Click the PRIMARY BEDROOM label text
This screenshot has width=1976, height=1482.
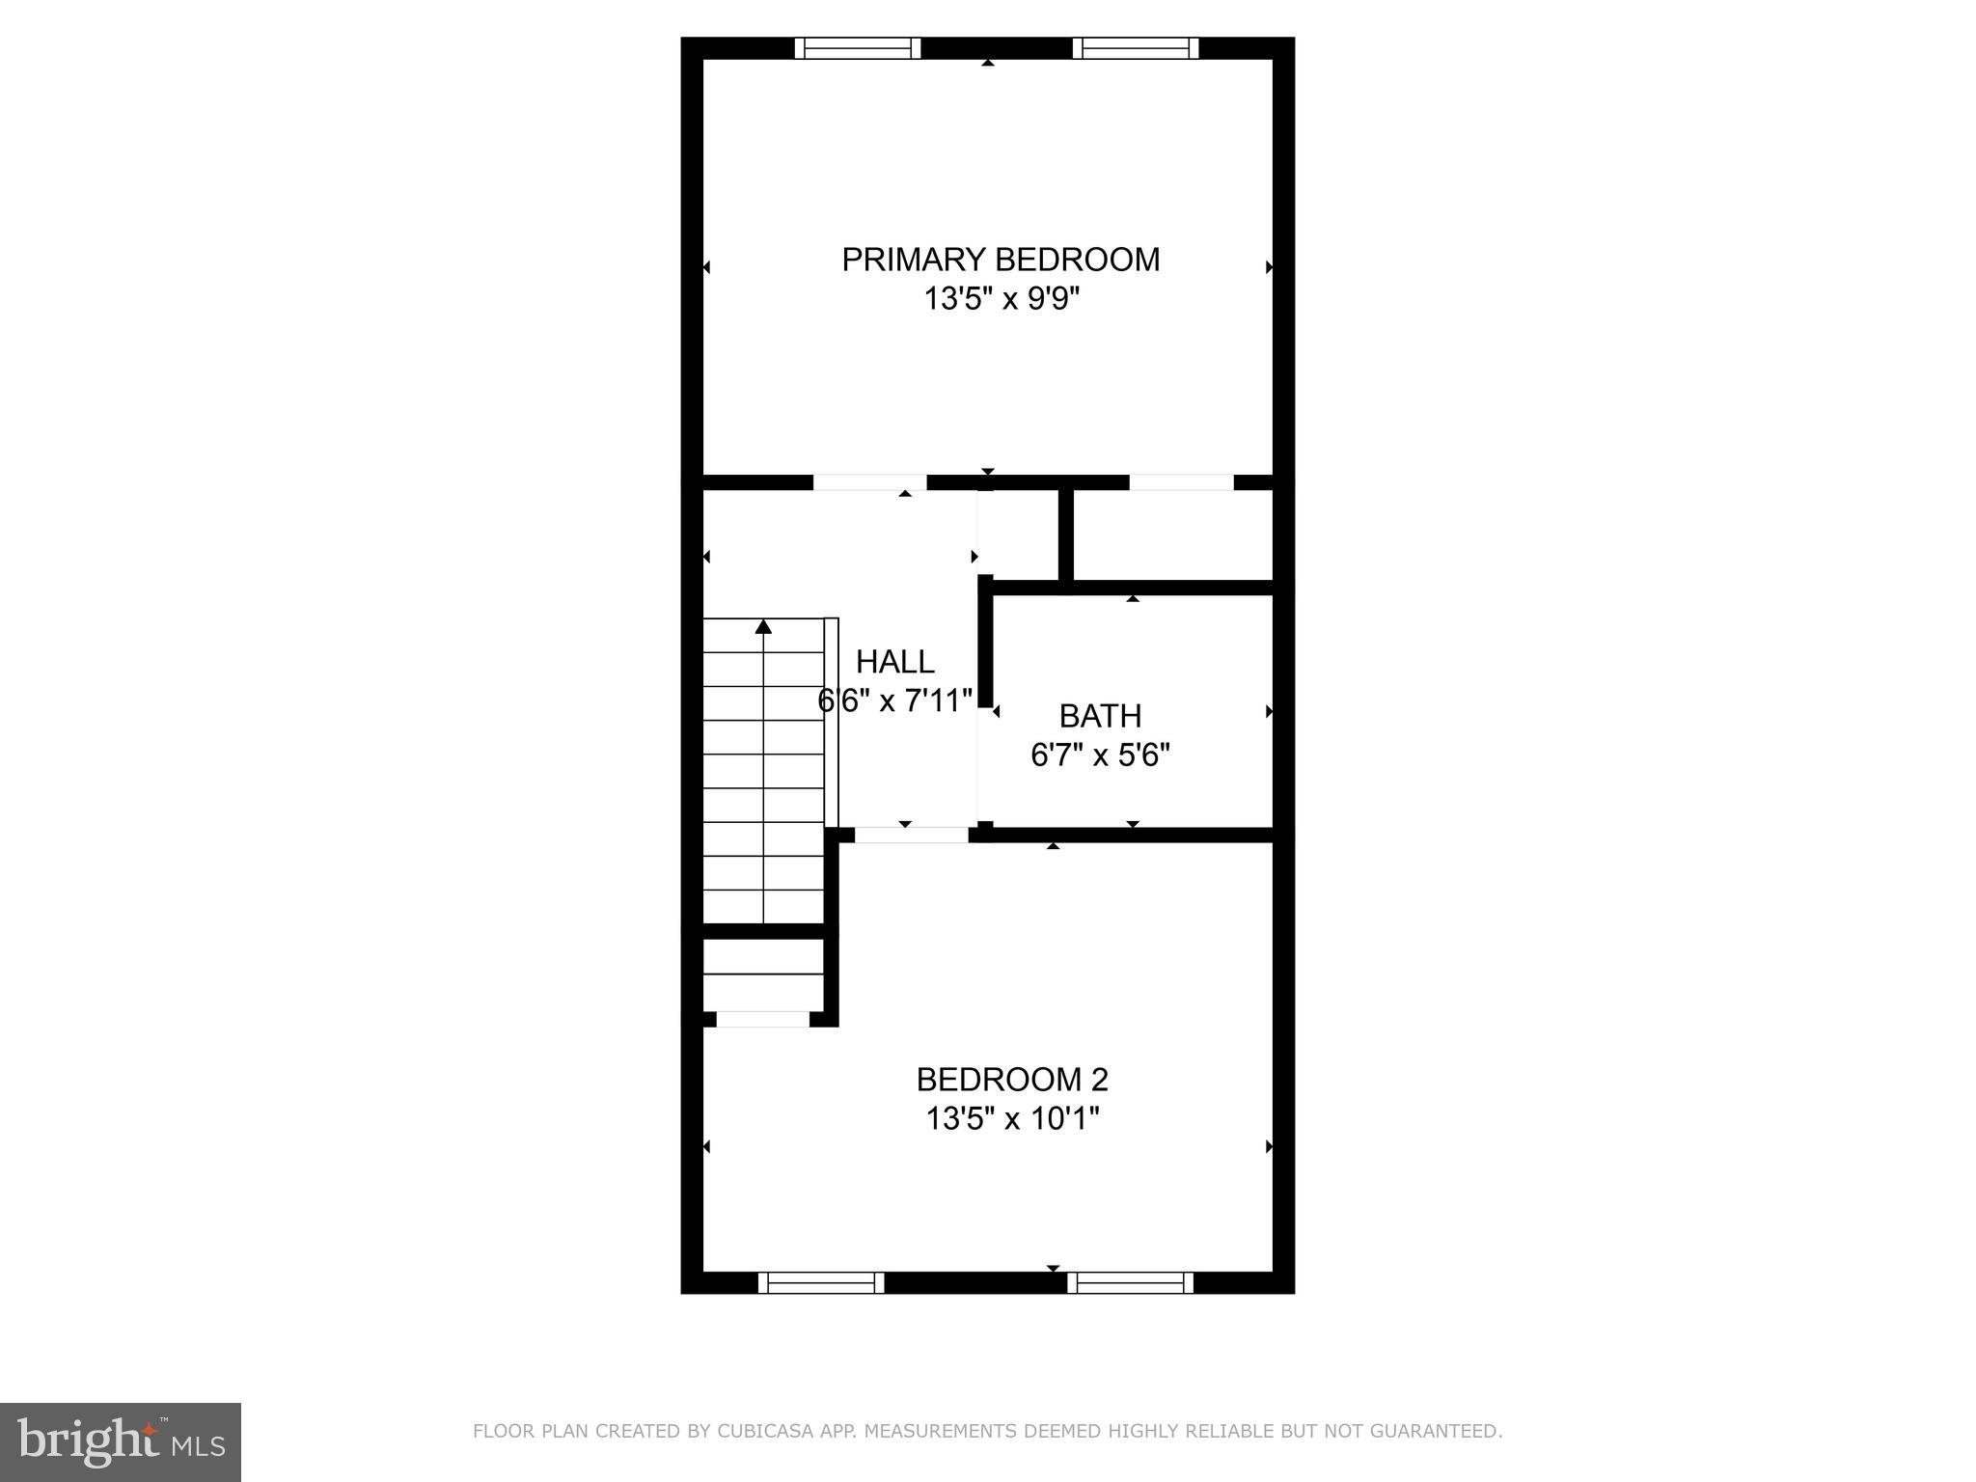tap(1001, 260)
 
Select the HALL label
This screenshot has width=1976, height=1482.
tap(895, 662)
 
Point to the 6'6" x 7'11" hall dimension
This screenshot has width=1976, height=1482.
tap(895, 700)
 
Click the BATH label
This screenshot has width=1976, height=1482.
tap(1100, 716)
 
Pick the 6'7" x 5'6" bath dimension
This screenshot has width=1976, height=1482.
tap(1100, 755)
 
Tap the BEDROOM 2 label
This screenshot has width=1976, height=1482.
tap(1012, 1079)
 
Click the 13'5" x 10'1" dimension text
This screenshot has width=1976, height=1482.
tap(1012, 1119)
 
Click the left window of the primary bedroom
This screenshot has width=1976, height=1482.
tap(858, 48)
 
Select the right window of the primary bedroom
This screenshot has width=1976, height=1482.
tap(1136, 48)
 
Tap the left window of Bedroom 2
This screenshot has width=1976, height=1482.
tap(821, 1282)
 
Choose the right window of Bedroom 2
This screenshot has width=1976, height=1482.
tap(1130, 1282)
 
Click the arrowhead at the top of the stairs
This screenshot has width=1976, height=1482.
tap(763, 627)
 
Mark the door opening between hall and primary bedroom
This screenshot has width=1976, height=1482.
tap(869, 482)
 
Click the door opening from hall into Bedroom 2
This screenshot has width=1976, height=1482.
tap(911, 835)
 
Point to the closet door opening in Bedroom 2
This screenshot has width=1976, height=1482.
tap(762, 1019)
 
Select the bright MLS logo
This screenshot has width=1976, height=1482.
tap(121, 1441)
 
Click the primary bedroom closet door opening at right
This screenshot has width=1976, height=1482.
tap(1181, 482)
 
